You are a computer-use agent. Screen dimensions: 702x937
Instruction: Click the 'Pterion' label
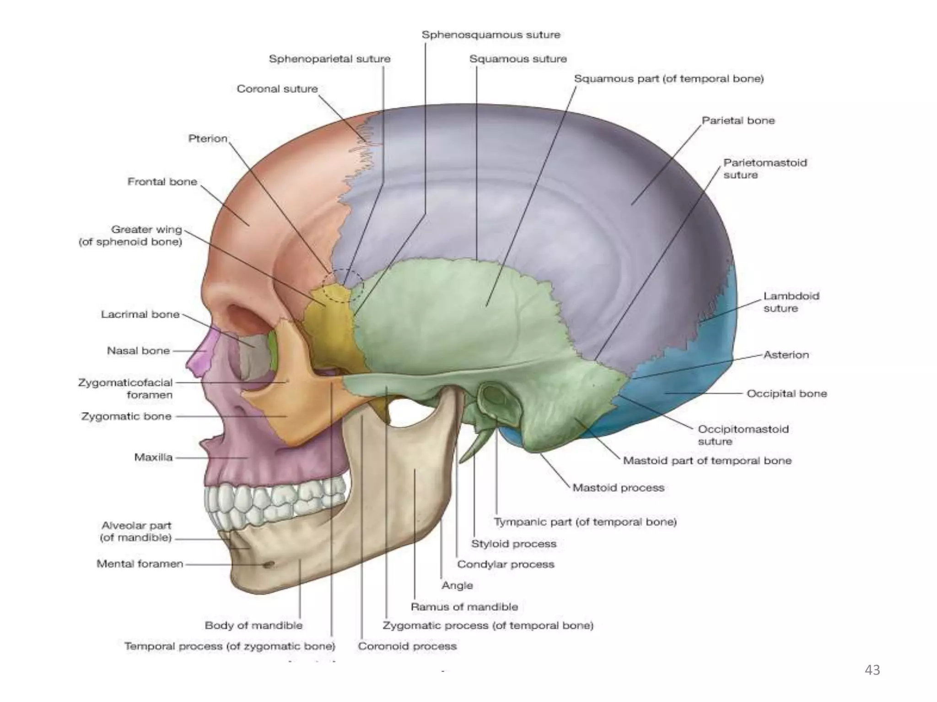click(x=208, y=138)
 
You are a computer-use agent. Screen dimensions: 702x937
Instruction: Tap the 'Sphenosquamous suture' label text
click(x=490, y=35)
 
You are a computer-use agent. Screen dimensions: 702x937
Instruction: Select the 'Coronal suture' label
click(x=277, y=89)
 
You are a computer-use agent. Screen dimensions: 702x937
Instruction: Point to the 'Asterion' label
click(x=786, y=355)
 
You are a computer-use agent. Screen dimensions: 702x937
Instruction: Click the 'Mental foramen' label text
click(x=140, y=564)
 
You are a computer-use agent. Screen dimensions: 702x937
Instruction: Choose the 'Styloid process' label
click(x=513, y=544)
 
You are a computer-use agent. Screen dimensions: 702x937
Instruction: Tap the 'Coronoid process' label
click(x=407, y=646)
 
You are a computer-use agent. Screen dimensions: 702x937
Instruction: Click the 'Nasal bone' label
click(x=138, y=351)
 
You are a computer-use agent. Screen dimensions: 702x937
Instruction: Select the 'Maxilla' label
click(x=153, y=457)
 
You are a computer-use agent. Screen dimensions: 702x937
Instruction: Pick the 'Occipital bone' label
click(x=786, y=394)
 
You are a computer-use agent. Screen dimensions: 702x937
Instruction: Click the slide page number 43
click(x=872, y=670)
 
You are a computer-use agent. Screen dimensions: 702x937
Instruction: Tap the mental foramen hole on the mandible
click(x=269, y=565)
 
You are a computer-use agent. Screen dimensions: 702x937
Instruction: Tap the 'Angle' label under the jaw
click(x=457, y=585)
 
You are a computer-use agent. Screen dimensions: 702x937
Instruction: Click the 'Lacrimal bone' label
click(x=140, y=314)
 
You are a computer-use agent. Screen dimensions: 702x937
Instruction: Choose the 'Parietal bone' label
click(x=738, y=121)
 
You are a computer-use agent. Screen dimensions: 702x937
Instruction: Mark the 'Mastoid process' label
click(x=618, y=488)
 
